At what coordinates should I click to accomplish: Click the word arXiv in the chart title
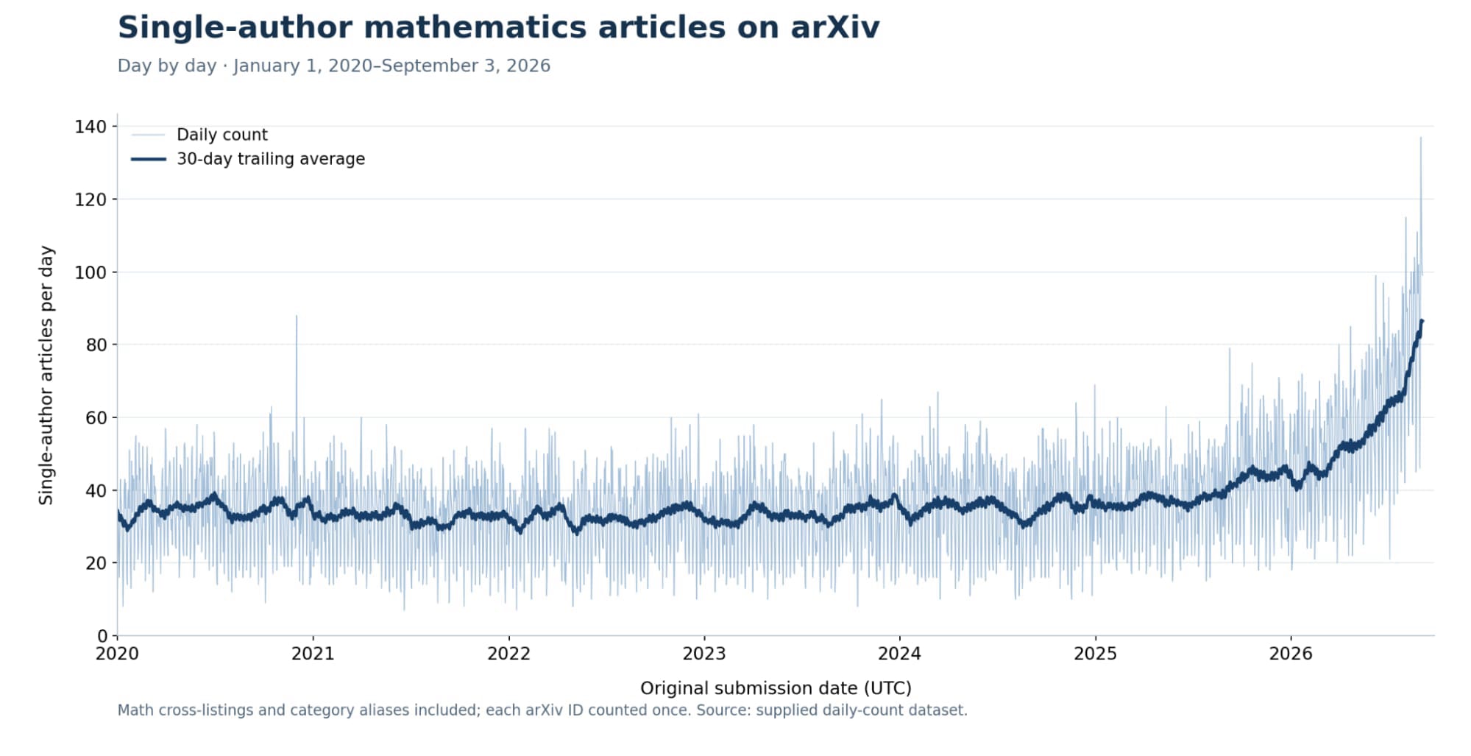[834, 28]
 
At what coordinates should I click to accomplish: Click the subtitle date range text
[391, 66]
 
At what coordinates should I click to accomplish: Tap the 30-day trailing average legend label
[271, 159]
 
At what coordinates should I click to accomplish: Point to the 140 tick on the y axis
[91, 127]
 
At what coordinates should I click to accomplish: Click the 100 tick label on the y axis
[91, 272]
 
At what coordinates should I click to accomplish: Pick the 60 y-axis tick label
[96, 417]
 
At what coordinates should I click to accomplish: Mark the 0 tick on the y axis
[102, 635]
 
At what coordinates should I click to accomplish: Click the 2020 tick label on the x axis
[118, 654]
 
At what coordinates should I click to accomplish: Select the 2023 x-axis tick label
[704, 654]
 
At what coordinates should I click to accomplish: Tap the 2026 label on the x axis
[1291, 654]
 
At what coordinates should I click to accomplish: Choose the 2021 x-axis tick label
[313, 654]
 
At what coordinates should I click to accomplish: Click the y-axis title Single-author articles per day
[46, 375]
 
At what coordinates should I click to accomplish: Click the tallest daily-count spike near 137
[1420, 138]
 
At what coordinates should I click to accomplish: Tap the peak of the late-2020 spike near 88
[297, 316]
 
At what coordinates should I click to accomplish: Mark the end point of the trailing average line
[1422, 321]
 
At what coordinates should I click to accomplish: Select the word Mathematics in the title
[476, 28]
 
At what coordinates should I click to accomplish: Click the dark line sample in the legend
[149, 159]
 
